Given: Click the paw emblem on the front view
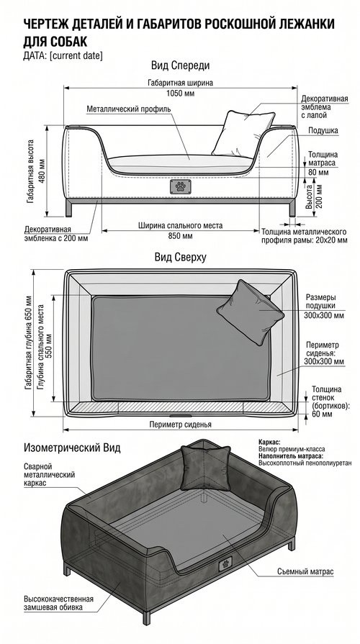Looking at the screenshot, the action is click(x=180, y=187).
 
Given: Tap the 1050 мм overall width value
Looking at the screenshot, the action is click(x=181, y=94).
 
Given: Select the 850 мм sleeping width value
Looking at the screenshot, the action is click(x=180, y=236).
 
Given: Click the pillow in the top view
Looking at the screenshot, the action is click(x=249, y=312).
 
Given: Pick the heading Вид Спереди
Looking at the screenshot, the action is click(x=181, y=65).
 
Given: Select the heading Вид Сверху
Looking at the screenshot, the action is click(x=181, y=257).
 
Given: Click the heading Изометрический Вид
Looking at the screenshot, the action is click(x=73, y=448).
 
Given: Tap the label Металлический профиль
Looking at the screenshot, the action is click(x=129, y=109).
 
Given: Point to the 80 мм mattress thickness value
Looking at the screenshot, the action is click(x=318, y=173).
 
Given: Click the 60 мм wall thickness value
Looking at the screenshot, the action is click(x=322, y=414).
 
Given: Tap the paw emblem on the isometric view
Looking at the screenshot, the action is click(x=225, y=563).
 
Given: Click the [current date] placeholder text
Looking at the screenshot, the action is click(x=76, y=55).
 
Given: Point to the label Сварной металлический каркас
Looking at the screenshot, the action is click(x=49, y=475).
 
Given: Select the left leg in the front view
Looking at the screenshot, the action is click(x=68, y=209).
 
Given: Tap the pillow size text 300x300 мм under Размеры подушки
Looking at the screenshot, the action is click(x=324, y=315).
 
